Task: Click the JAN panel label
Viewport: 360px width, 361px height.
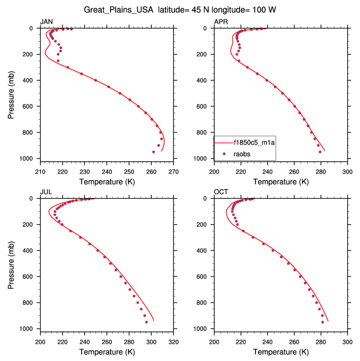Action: click(47, 22)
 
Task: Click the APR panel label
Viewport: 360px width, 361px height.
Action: click(221, 22)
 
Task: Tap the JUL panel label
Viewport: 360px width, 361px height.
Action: click(46, 192)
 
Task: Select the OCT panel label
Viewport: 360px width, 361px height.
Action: click(221, 192)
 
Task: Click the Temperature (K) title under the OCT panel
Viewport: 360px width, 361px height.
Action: click(281, 352)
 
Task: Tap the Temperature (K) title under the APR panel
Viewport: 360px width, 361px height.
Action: click(281, 181)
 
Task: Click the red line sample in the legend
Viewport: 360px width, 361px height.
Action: click(224, 142)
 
